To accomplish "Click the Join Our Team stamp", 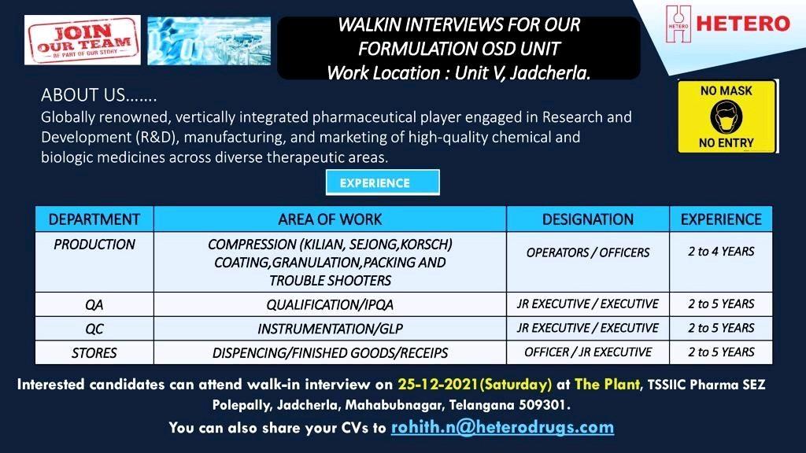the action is coord(82,40).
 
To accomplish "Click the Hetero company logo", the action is coord(727,24).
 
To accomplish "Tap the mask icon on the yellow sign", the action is coord(726,116).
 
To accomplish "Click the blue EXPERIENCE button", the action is coord(383,182).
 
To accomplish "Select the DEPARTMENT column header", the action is coord(94,219).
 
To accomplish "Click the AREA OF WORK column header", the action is coord(330,219).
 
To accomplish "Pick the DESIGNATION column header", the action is coord(588,219).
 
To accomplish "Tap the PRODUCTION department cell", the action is coord(94,262).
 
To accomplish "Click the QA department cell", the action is coord(94,304).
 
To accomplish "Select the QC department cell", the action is coord(94,329).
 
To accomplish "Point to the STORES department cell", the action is coord(94,353).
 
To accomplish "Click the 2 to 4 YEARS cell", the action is coord(721,262).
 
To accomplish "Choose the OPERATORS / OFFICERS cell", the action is coord(588,262).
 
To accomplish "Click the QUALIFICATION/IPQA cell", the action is coord(330,304).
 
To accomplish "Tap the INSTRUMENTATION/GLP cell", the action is coord(330,329).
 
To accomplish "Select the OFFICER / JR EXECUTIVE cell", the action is coord(588,353).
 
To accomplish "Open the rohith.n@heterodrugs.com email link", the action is coord(502,428).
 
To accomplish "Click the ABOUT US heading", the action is coord(98,95).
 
